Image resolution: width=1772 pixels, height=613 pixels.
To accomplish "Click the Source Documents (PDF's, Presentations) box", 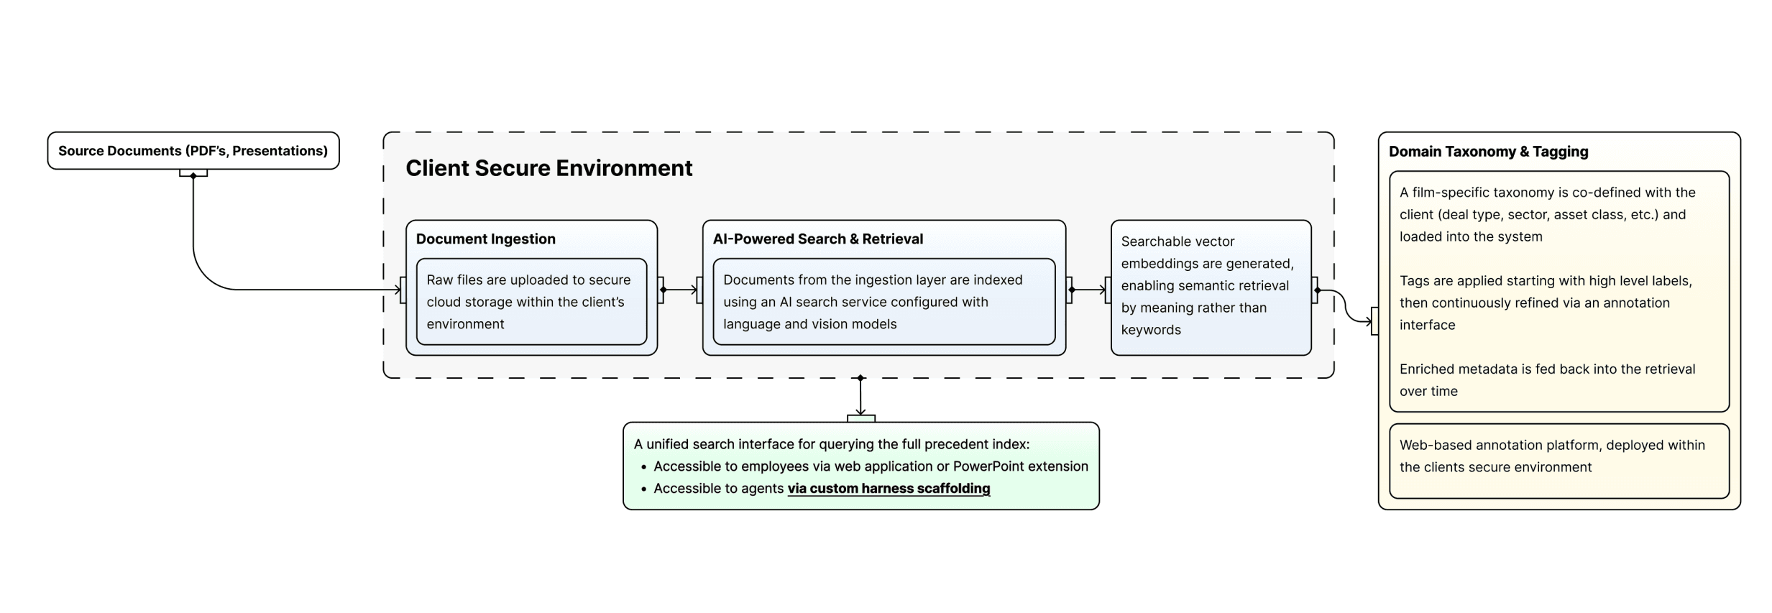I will pyautogui.click(x=193, y=151).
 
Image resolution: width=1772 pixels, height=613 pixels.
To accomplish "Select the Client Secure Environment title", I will pyautogui.click(x=548, y=168).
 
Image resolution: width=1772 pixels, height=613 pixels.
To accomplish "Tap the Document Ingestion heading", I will pyautogui.click(x=485, y=239).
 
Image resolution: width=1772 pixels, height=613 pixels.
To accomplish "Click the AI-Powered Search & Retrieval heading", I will pyautogui.click(x=817, y=239).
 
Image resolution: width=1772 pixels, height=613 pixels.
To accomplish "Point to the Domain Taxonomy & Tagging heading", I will pyautogui.click(x=1487, y=152).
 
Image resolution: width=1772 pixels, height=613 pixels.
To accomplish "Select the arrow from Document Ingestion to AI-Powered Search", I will pyautogui.click(x=679, y=290).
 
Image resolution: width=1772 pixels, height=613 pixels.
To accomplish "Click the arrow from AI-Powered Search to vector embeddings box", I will pyautogui.click(x=1088, y=290).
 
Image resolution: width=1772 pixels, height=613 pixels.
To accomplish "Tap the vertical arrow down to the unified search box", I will pyautogui.click(x=860, y=397).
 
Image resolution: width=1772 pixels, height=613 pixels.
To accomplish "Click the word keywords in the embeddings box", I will pyautogui.click(x=1150, y=330).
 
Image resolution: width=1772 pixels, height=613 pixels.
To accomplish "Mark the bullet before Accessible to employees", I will pyautogui.click(x=643, y=467).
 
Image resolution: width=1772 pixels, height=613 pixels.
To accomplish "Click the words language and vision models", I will pyautogui.click(x=809, y=324).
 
